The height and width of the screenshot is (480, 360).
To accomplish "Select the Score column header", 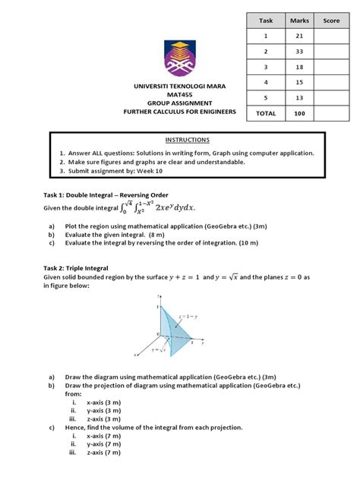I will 331,21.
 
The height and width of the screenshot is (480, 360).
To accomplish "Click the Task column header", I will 266,21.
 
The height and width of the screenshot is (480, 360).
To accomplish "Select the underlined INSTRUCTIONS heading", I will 186,141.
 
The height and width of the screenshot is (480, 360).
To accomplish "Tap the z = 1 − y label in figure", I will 188,314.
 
